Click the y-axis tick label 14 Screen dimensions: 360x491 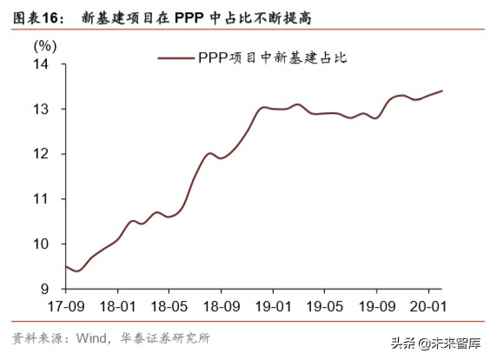pyautogui.click(x=41, y=64)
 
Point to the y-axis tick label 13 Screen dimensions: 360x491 pyautogui.click(x=41, y=110)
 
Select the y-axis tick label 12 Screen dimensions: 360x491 pyautogui.click(x=41, y=154)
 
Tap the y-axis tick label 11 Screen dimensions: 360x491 pyautogui.click(x=41, y=199)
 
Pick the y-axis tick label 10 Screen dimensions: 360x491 pyautogui.click(x=41, y=243)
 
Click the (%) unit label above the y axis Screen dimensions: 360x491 pyautogui.click(x=44, y=44)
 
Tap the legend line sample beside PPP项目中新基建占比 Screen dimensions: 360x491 pyautogui.click(x=176, y=58)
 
